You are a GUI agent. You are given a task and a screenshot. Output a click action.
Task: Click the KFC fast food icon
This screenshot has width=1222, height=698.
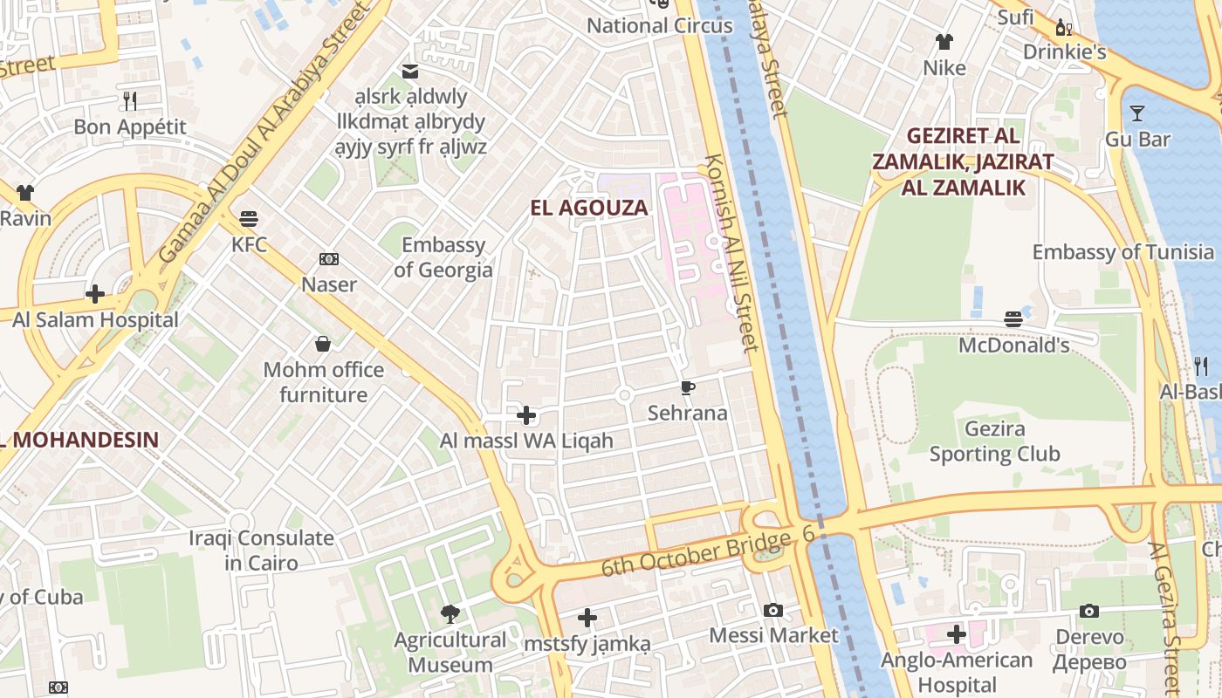(249, 218)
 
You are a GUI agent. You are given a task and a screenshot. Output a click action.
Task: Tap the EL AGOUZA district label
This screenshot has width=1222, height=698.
(590, 208)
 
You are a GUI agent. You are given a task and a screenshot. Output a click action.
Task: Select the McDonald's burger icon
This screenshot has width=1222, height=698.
(1013, 319)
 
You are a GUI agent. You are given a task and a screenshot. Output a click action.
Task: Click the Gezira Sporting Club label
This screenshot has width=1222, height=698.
(994, 441)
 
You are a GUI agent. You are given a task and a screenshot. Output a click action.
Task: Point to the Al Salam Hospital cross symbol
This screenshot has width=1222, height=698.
(95, 293)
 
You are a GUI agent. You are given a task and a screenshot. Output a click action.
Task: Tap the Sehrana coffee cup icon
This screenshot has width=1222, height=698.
(688, 387)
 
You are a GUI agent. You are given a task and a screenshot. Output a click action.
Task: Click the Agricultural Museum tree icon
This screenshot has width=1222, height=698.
(450, 614)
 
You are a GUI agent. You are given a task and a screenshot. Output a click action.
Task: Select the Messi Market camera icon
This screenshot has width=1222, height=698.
(773, 610)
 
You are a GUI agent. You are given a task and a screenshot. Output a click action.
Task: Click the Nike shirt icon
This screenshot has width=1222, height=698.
(944, 41)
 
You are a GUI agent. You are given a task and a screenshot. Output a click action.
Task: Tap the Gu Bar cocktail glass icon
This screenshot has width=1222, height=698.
(1137, 113)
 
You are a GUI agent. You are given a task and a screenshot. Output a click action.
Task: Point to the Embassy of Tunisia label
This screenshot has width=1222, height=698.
(1122, 252)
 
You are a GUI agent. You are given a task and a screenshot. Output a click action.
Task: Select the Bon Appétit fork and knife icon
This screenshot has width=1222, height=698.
(130, 101)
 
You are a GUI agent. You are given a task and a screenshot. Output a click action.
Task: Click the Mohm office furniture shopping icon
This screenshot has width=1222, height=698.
(323, 344)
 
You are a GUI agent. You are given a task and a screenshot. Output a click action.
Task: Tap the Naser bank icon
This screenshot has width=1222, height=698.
(329, 259)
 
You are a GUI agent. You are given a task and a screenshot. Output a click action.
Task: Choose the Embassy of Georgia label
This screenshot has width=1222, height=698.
(443, 257)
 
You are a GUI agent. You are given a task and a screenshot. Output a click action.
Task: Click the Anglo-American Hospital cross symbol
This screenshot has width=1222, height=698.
(957, 633)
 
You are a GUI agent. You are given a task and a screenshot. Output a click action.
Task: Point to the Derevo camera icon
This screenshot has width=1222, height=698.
(1089, 611)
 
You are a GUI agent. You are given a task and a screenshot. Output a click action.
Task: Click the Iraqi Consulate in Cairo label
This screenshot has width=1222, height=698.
(262, 551)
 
